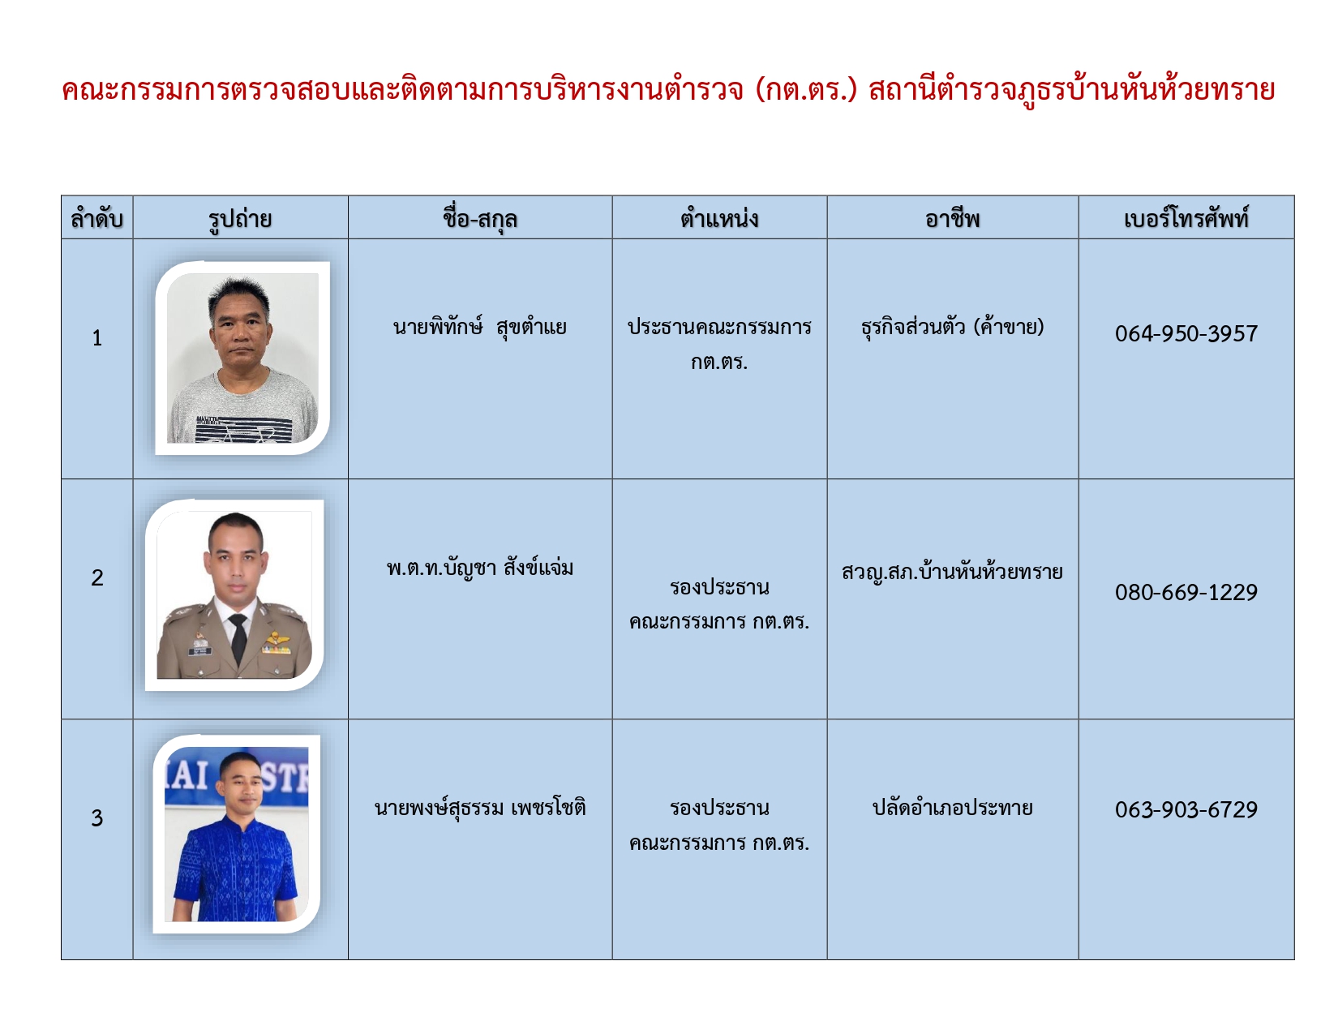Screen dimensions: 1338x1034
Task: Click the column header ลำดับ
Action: (96, 219)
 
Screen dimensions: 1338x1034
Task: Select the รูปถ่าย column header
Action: (240, 219)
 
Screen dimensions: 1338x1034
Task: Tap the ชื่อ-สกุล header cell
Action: (480, 218)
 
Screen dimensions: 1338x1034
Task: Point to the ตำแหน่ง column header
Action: (719, 219)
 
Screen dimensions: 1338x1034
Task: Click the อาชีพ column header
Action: (952, 219)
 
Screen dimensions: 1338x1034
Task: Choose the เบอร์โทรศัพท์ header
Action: (1186, 218)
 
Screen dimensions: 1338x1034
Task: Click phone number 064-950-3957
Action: (1186, 333)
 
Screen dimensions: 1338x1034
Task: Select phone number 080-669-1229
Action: (1186, 592)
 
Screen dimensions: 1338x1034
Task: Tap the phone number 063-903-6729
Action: (1186, 809)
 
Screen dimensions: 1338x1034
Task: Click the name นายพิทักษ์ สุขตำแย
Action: (480, 326)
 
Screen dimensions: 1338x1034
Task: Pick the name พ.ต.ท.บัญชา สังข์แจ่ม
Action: (480, 567)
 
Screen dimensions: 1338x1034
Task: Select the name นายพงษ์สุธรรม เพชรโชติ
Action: (480, 808)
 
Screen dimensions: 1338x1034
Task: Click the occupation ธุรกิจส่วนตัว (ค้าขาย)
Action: (952, 326)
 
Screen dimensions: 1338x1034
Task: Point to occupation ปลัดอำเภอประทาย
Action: (952, 808)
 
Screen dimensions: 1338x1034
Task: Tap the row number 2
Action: (96, 577)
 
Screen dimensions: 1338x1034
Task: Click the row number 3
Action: (96, 817)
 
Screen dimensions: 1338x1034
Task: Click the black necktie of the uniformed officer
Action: (238, 638)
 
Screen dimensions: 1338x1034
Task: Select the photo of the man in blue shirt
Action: (237, 834)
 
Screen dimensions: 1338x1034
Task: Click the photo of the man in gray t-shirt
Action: (242, 358)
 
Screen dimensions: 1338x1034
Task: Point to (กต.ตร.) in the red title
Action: (806, 91)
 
